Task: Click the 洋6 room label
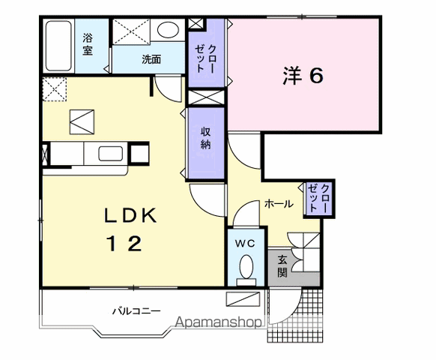pyautogui.click(x=303, y=76)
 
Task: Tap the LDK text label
pyautogui.click(x=130, y=215)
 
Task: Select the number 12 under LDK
pyautogui.click(x=125, y=243)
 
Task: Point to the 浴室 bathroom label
pyautogui.click(x=88, y=44)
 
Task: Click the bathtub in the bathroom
pyautogui.click(x=58, y=46)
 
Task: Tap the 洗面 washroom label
pyautogui.click(x=151, y=59)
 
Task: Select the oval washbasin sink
pyautogui.click(x=168, y=30)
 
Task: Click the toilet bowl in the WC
pyautogui.click(x=246, y=267)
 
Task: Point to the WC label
pyautogui.click(x=245, y=244)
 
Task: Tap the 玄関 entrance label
pyautogui.click(x=282, y=266)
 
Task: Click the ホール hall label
pyautogui.click(x=279, y=204)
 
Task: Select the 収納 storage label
pyautogui.click(x=206, y=139)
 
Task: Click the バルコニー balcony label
pyautogui.click(x=136, y=310)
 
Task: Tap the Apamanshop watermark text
pyautogui.click(x=219, y=322)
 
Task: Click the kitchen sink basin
pyautogui.click(x=111, y=154)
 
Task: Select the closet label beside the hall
pyautogui.click(x=318, y=198)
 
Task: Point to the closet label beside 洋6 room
pyautogui.click(x=206, y=58)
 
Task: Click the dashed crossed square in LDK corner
pyautogui.click(x=55, y=89)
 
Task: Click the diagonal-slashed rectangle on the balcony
pyautogui.click(x=243, y=299)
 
